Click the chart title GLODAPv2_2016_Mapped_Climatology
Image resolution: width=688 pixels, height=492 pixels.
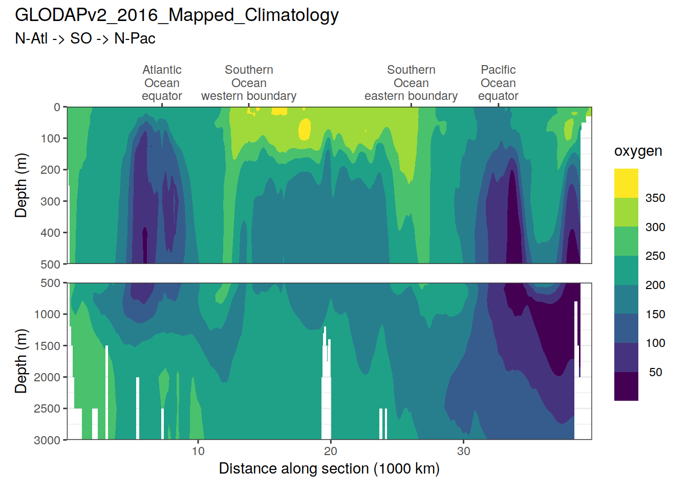[177, 15]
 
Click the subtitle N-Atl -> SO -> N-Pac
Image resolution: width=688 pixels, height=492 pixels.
[85, 38]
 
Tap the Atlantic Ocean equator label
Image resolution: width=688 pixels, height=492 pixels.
[162, 83]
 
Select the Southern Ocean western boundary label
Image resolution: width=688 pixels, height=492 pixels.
[249, 83]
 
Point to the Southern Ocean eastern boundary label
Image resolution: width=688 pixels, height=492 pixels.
[411, 83]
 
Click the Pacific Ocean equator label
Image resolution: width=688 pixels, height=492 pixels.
[498, 83]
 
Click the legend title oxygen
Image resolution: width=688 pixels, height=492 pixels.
[638, 151]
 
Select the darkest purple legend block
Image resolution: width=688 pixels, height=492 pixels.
[626, 386]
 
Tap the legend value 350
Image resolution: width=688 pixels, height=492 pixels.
[655, 198]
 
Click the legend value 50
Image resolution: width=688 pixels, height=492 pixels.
[655, 373]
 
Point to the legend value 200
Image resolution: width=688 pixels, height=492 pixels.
[655, 285]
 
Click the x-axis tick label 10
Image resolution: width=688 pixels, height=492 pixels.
[198, 452]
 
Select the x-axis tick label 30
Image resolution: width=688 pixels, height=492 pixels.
[463, 452]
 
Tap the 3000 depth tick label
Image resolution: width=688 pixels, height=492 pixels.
[47, 440]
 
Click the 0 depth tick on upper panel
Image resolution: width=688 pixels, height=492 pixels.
[57, 108]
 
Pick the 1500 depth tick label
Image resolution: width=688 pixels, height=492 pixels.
[47, 346]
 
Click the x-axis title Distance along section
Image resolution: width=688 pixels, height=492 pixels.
[329, 469]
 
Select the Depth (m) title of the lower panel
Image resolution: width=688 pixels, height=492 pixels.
[21, 361]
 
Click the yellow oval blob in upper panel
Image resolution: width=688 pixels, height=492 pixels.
[305, 129]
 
